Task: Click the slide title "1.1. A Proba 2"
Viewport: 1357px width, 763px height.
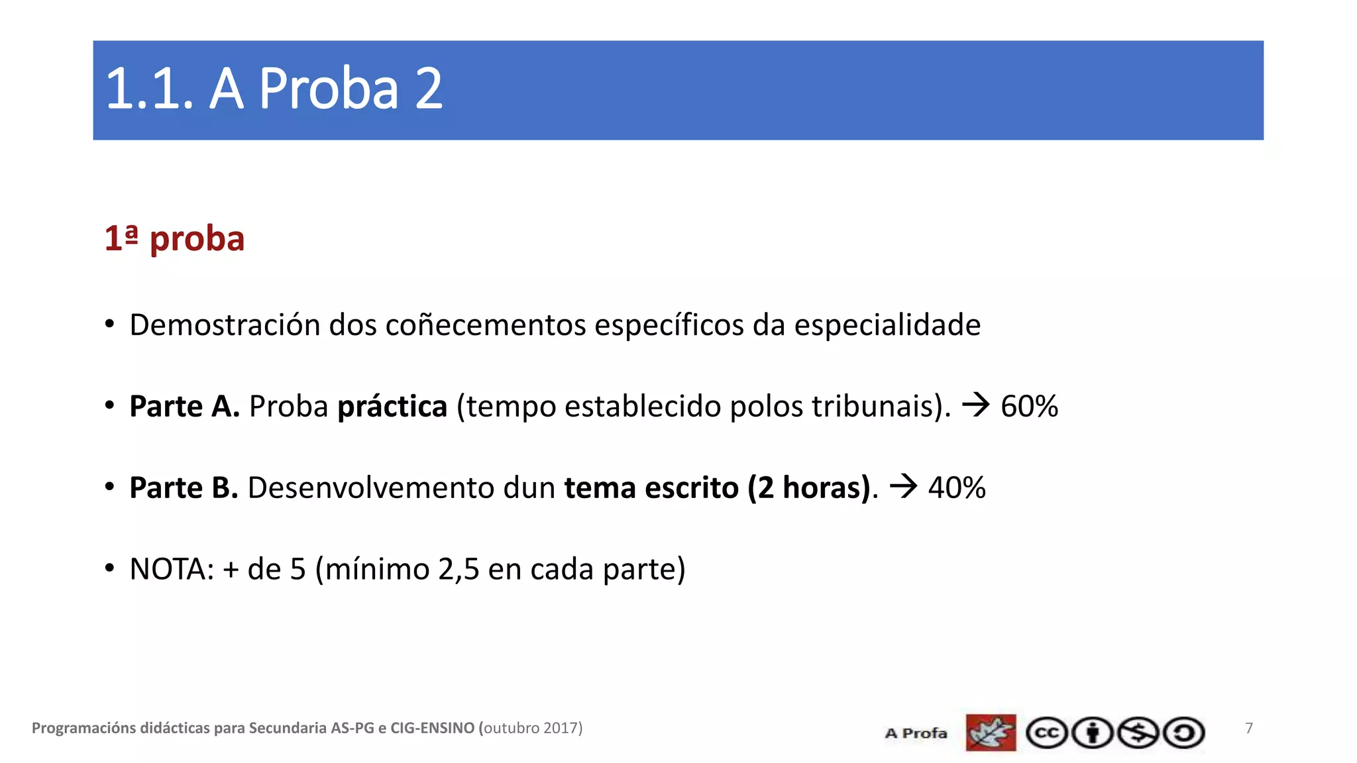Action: click(274, 89)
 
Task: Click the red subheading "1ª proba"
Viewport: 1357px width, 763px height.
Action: click(174, 238)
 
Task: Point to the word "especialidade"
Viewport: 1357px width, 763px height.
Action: click(887, 325)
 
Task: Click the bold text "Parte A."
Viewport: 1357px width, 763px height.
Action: click(184, 407)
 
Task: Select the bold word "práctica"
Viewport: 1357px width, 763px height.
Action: click(392, 407)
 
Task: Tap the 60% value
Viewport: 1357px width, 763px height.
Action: click(1029, 407)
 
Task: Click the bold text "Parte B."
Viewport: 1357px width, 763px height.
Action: click(184, 488)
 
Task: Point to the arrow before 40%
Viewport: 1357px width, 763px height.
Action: click(903, 487)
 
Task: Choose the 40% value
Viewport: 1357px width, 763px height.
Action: click(957, 488)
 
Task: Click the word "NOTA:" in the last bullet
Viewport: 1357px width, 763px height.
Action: click(172, 570)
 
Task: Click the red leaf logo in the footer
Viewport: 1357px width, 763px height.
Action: click(991, 733)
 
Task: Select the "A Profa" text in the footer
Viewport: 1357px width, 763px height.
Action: click(916, 733)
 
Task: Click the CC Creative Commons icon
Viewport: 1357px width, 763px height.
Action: click(1047, 733)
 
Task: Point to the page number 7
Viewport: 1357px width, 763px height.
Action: click(1249, 729)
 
